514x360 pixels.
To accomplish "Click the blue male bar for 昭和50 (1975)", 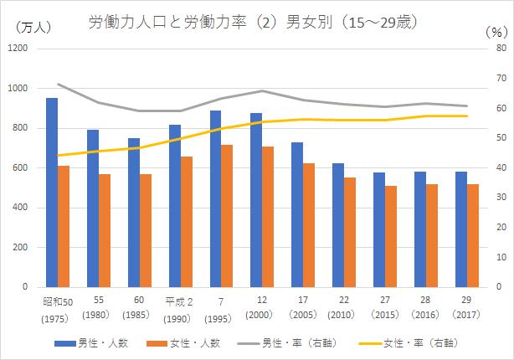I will coord(52,193).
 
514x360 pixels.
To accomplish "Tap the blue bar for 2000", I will coord(256,200).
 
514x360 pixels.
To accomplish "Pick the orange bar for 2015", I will coord(391,236).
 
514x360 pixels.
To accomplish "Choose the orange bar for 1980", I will coord(105,230).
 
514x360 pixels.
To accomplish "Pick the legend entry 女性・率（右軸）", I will coord(409,342).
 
